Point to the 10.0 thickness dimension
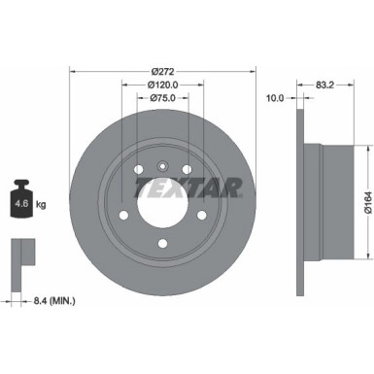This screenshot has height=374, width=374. (276, 96)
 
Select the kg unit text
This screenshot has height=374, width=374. (42, 206)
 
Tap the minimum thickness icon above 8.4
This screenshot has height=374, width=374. (22, 255)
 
